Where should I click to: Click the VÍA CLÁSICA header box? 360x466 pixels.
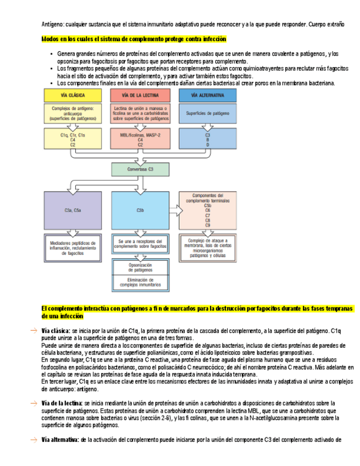click(72, 95)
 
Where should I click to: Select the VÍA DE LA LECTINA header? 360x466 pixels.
click(140, 95)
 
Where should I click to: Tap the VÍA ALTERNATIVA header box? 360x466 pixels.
click(207, 95)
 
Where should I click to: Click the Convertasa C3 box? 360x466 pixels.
click(140, 169)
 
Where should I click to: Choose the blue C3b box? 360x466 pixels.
click(140, 210)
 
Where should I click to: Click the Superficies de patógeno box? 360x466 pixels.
click(207, 114)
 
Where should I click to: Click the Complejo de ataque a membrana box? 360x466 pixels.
click(207, 247)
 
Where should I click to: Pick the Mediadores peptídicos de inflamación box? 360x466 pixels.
click(72, 247)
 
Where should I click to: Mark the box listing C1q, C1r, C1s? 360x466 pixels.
click(72, 140)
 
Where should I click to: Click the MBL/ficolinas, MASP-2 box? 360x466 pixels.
click(140, 140)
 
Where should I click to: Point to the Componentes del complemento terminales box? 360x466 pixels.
click(207, 209)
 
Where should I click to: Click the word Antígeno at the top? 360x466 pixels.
click(53, 25)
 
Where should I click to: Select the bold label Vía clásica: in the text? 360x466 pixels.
click(56, 331)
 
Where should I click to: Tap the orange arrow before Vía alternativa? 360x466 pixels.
click(34, 440)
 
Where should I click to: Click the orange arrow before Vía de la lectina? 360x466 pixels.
click(34, 403)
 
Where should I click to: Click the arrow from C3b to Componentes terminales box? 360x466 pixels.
click(174, 210)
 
